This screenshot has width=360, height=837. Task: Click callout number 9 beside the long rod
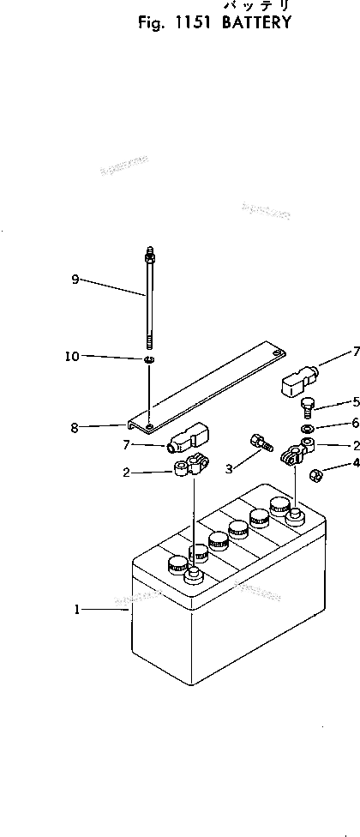click(x=75, y=279)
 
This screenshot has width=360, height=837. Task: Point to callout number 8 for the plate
click(x=75, y=425)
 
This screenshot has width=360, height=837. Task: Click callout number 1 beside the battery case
click(x=77, y=610)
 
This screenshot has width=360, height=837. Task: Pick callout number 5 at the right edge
click(x=355, y=401)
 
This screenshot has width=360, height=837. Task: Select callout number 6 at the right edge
click(x=355, y=424)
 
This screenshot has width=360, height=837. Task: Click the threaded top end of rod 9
click(x=149, y=254)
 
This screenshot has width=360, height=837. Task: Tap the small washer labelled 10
click(x=149, y=358)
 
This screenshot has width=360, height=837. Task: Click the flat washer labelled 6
click(x=307, y=427)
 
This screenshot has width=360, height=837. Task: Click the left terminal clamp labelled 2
click(x=187, y=467)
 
